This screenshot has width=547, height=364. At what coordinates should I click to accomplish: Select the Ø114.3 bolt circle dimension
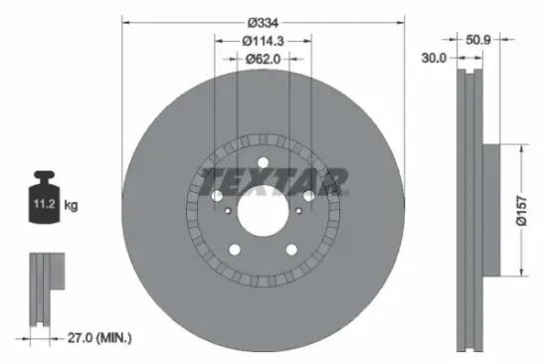click(x=264, y=41)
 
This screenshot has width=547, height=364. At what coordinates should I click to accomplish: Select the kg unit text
click(x=71, y=205)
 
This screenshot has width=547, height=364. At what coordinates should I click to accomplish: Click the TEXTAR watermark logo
click(x=274, y=182)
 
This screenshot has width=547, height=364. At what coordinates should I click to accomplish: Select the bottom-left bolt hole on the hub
click(x=235, y=250)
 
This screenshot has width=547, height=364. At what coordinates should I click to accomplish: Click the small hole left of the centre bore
click(x=228, y=210)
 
